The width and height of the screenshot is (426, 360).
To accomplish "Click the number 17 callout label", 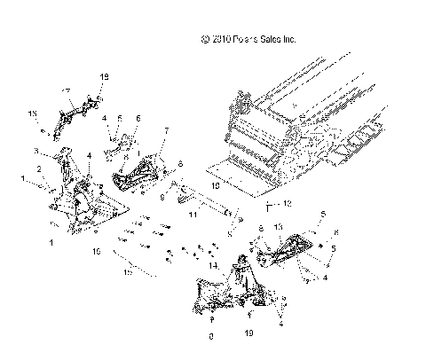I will pos(65,91).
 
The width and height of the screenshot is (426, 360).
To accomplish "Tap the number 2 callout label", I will pos(38,168).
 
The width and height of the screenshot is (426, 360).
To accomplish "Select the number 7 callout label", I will pos(166,130).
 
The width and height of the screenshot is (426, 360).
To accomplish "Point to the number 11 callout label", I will pos(192,215).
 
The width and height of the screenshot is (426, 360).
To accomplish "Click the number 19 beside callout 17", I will pos(104,78).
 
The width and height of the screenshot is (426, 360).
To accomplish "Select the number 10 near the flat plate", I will pos(213,187).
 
